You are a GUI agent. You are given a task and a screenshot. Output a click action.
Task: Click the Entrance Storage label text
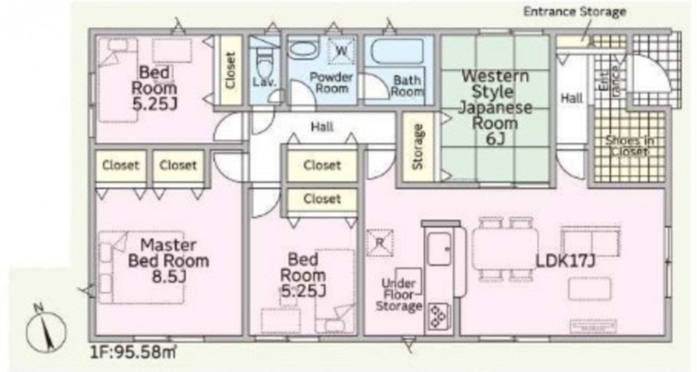point(574,12)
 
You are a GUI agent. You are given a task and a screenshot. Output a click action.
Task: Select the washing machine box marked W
point(342,50)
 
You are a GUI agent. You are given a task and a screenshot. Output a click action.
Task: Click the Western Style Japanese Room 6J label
point(495,107)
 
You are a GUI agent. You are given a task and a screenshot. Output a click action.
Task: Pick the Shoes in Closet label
point(629,146)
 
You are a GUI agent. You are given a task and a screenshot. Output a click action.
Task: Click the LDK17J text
point(565,261)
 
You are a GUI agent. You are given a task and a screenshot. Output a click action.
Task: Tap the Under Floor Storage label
point(399,295)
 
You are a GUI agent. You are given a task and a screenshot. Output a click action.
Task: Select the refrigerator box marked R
point(380,242)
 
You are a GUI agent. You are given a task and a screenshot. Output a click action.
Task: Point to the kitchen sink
point(439,249)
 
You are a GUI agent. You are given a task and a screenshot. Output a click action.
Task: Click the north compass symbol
point(46,329)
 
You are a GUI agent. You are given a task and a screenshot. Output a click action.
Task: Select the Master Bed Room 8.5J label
point(169,261)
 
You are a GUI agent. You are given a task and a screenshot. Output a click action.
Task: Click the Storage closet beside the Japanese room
point(418,147)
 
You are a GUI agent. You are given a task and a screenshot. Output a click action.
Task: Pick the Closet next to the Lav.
point(229,70)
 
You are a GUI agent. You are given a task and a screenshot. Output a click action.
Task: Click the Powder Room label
point(331,83)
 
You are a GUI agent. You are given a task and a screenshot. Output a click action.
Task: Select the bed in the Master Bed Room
point(141,267)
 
